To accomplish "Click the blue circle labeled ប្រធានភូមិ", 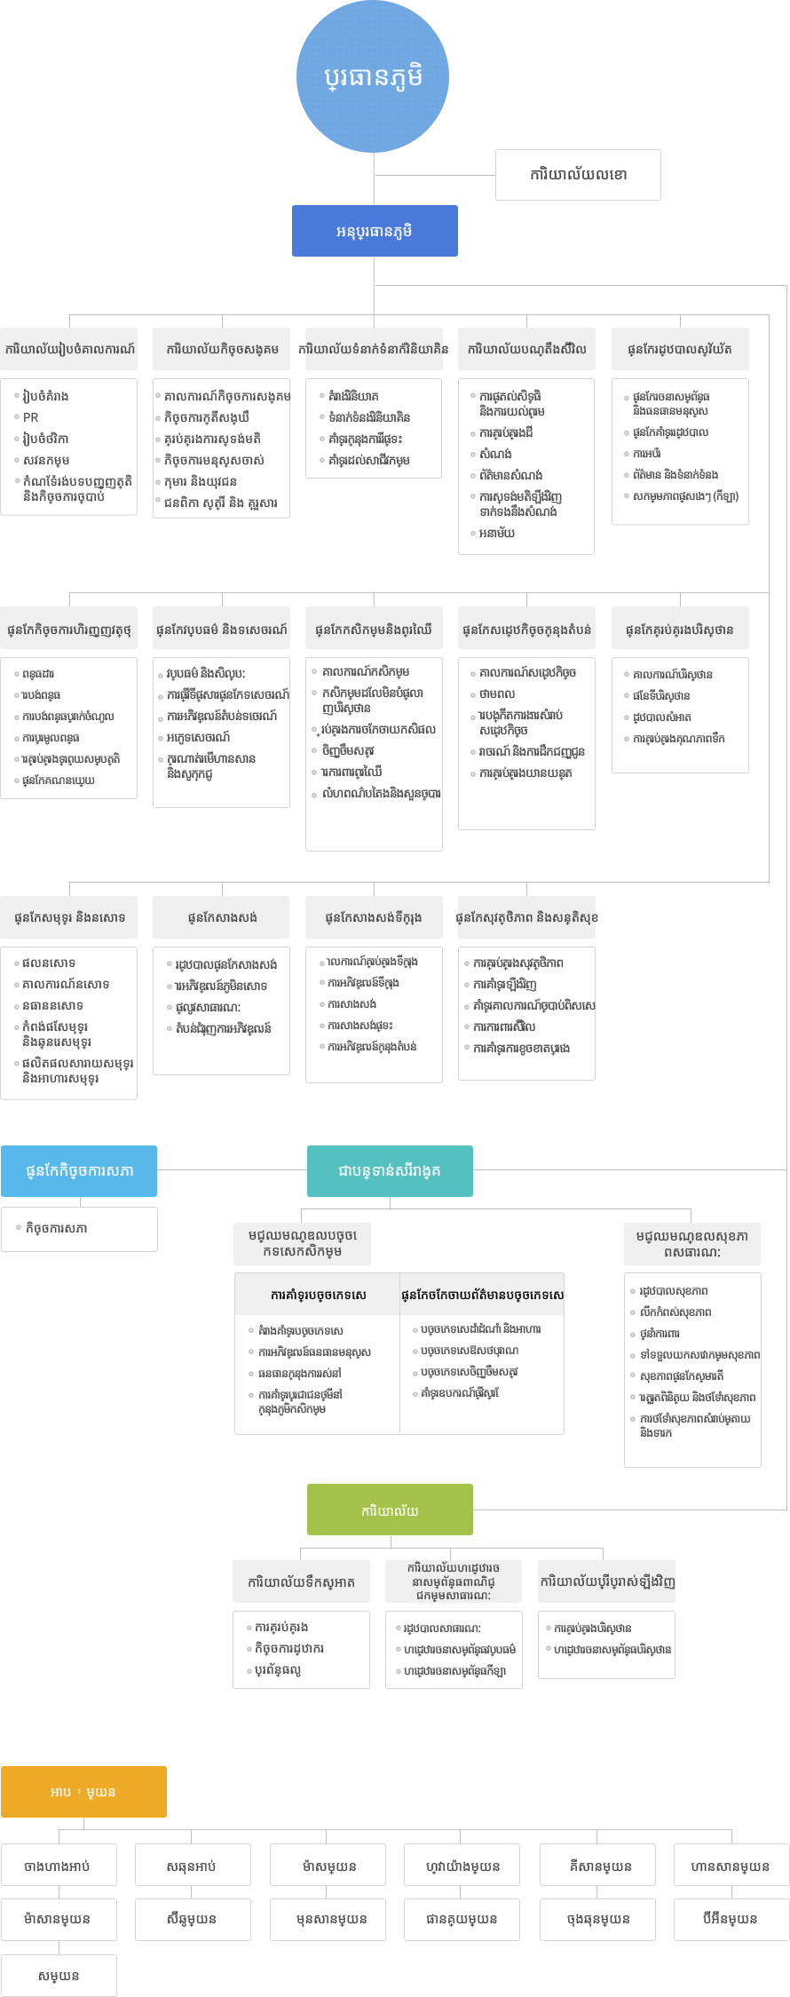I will [x=373, y=77].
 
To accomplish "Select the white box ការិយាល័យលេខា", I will [x=578, y=175].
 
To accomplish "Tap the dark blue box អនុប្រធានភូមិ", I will [x=375, y=231].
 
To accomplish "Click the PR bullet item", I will [x=31, y=417].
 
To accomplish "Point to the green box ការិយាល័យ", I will [x=390, y=1510].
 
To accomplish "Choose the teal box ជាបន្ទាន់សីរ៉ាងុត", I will [x=390, y=1171].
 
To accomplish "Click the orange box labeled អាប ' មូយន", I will [x=83, y=1792].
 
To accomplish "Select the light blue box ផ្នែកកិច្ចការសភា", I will [x=79, y=1171].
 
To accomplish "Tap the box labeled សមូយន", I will [x=59, y=1976].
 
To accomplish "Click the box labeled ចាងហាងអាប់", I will [x=59, y=1866].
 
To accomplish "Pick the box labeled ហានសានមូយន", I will [x=731, y=1866].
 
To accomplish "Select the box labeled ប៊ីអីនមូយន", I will [x=731, y=1919].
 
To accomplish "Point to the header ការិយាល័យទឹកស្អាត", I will [x=301, y=1582].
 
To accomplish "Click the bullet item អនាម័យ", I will [x=497, y=534].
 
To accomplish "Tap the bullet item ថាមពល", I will [x=497, y=694].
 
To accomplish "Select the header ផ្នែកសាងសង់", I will [x=222, y=917].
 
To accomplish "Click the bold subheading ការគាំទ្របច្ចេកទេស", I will [x=318, y=1296].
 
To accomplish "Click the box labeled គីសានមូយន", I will [x=599, y=1866].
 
